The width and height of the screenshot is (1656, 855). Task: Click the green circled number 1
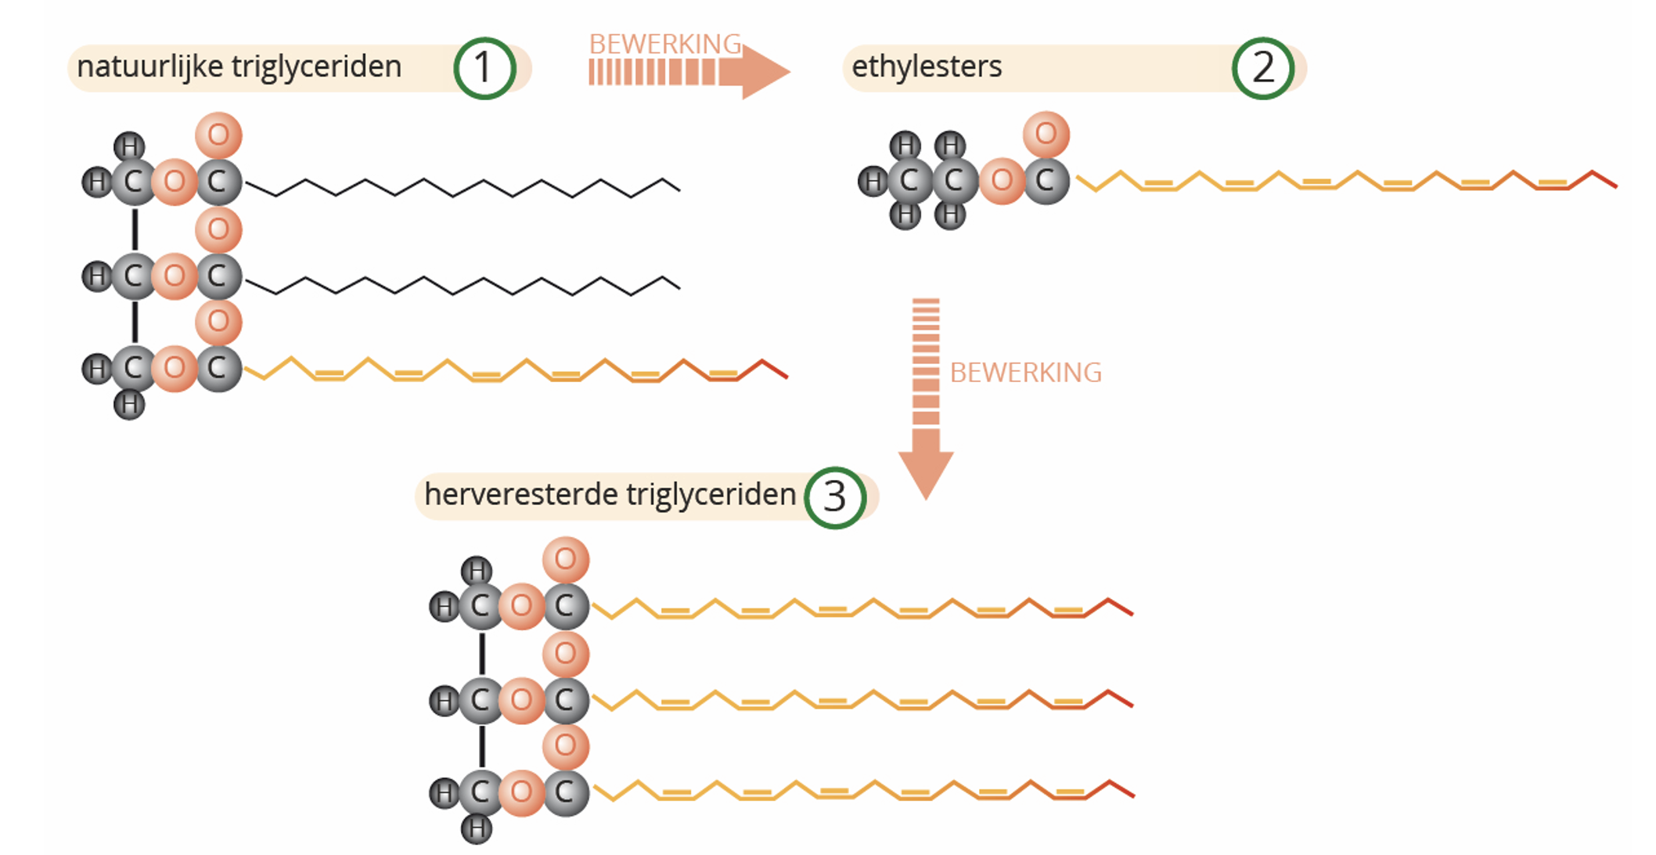pos(484,68)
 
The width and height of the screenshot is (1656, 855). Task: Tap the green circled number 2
pos(1262,68)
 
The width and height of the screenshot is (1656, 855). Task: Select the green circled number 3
pos(834,497)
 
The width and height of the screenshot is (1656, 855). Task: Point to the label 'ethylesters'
pos(927,67)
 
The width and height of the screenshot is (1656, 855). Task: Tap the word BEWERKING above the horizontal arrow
pos(665,44)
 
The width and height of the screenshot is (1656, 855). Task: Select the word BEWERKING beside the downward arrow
pos(1025,373)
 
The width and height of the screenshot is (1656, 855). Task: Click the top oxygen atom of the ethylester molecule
pos(1046,134)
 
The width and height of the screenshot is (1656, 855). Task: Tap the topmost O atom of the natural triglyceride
pos(218,135)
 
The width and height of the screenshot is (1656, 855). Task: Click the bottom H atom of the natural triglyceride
pos(129,405)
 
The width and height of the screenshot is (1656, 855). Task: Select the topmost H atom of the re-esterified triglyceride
pos(477,571)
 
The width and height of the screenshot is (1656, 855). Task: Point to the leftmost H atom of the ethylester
pos(873,182)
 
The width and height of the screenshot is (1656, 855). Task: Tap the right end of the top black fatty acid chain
pos(677,188)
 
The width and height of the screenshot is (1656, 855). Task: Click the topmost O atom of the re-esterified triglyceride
pos(565,560)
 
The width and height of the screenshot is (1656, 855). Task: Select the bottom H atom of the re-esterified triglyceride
pos(476,828)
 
